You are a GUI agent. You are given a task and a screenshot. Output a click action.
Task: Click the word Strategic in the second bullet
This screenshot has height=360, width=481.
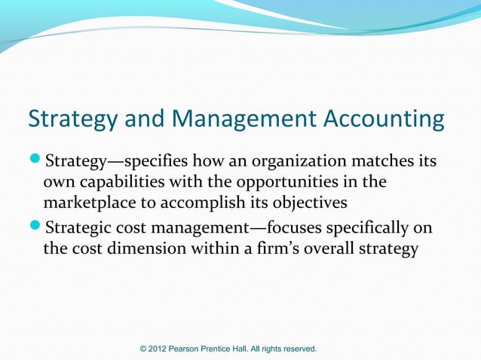pyautogui.click(x=80, y=227)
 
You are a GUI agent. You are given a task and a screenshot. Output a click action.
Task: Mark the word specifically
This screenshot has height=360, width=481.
pyautogui.click(x=362, y=227)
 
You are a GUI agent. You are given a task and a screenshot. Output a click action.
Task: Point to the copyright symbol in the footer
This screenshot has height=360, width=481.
pyautogui.click(x=145, y=349)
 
